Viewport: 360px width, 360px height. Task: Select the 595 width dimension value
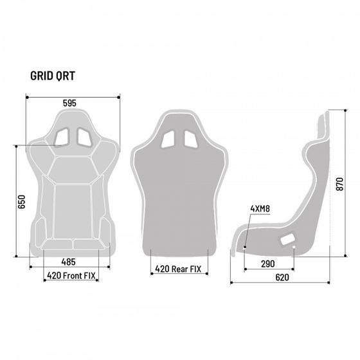(71, 102)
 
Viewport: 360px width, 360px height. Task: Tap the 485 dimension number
(69, 262)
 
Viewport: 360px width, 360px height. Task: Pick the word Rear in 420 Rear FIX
(184, 269)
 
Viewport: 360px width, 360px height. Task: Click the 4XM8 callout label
(260, 208)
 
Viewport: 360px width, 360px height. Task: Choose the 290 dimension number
(269, 264)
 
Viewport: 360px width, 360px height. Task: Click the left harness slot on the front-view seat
(64, 135)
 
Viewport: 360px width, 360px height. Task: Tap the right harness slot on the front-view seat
(84, 135)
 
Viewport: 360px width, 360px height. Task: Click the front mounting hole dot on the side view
(245, 246)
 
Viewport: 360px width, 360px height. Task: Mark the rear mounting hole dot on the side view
(294, 246)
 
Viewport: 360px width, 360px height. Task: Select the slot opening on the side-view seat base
(285, 240)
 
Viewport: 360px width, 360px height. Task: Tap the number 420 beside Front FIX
(54, 276)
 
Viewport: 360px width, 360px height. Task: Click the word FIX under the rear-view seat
(201, 269)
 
